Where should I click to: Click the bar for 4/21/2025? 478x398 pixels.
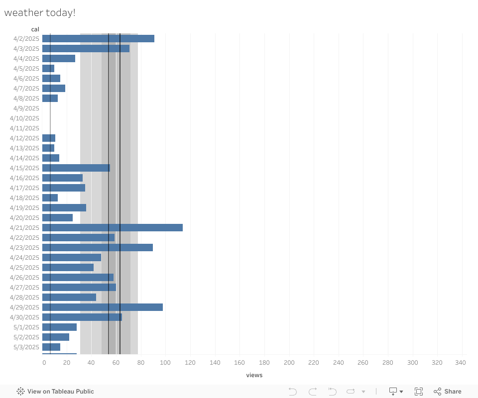pyautogui.click(x=113, y=227)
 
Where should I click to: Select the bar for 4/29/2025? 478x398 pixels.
pyautogui.click(x=103, y=307)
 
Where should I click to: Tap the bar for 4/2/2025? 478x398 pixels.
pyautogui.click(x=98, y=38)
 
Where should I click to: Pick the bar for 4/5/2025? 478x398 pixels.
pyautogui.click(x=48, y=68)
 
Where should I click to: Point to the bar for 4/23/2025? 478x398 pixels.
pyautogui.click(x=98, y=247)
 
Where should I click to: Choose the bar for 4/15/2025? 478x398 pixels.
pyautogui.click(x=76, y=168)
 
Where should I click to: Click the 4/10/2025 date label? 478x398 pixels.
pyautogui.click(x=24, y=118)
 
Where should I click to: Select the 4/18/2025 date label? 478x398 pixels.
pyautogui.click(x=24, y=198)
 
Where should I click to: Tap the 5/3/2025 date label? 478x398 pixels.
pyautogui.click(x=26, y=347)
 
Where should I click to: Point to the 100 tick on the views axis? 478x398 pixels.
pyautogui.click(x=165, y=363)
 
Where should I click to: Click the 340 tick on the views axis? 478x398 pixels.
pyautogui.click(x=461, y=363)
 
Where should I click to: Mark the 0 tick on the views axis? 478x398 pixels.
pyautogui.click(x=44, y=363)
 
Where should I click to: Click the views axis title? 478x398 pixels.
pyautogui.click(x=254, y=375)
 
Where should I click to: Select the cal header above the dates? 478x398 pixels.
pyautogui.click(x=35, y=29)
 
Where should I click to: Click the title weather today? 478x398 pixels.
pyautogui.click(x=40, y=13)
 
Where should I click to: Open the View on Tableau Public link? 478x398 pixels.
pyautogui.click(x=55, y=392)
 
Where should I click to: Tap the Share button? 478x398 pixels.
pyautogui.click(x=447, y=392)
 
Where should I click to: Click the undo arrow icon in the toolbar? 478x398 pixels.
pyautogui.click(x=293, y=392)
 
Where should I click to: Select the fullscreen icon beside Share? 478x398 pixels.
pyautogui.click(x=419, y=392)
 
